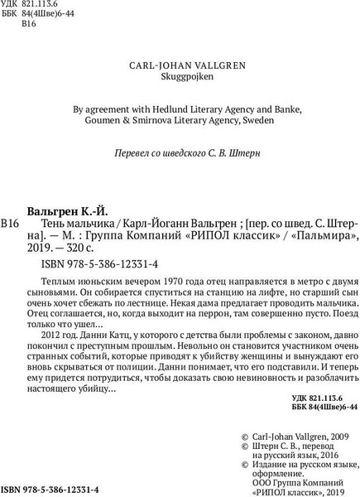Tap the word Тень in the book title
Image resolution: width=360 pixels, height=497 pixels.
click(x=55, y=224)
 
